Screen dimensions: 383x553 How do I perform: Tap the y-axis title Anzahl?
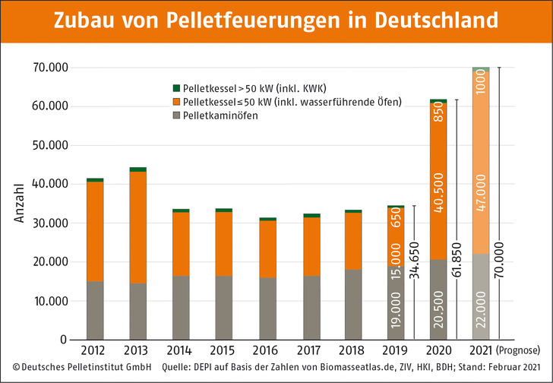(x=19, y=202)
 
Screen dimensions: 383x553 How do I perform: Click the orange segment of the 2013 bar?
(x=137, y=227)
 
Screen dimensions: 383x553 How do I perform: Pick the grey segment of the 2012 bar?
(x=95, y=310)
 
